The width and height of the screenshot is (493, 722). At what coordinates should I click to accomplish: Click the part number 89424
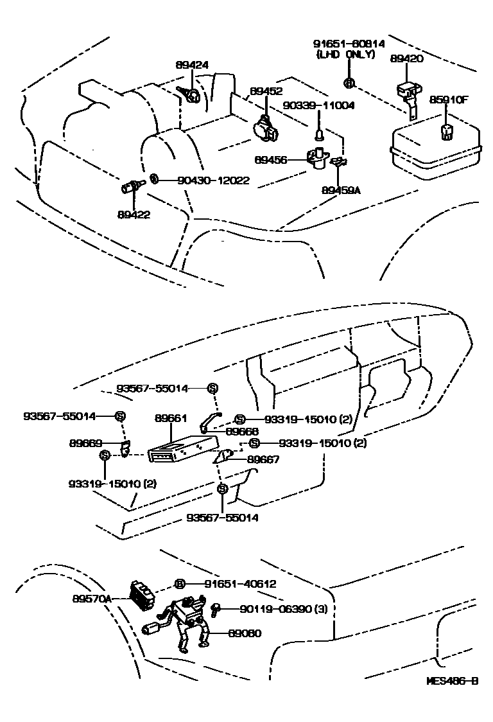tap(191, 65)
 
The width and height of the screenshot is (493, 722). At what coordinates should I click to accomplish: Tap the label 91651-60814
tap(349, 44)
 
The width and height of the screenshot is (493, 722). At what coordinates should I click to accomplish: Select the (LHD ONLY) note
tap(346, 55)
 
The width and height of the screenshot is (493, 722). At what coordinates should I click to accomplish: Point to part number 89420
tap(406, 58)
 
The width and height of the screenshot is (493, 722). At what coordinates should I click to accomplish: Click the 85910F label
tap(448, 100)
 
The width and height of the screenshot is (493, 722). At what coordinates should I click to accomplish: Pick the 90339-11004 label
tap(318, 105)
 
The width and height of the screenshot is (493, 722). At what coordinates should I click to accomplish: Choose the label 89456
tap(270, 160)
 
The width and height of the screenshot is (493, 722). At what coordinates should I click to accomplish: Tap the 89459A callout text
tap(341, 189)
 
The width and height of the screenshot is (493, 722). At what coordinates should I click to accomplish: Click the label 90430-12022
tap(214, 180)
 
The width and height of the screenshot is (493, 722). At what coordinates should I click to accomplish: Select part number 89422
tap(134, 215)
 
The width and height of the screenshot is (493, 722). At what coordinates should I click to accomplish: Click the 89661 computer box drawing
tap(183, 447)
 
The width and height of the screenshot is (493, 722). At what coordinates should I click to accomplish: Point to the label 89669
tap(85, 443)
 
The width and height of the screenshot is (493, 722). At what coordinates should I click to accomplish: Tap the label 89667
tap(263, 459)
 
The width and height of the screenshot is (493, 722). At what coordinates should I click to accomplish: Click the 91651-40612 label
tap(240, 584)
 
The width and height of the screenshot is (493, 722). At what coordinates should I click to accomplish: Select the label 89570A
tap(92, 599)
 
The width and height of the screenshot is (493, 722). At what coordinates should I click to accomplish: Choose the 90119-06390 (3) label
tap(284, 609)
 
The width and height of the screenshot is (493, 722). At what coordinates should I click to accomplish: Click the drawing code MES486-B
tap(451, 680)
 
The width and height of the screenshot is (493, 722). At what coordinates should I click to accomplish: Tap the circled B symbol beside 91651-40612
tap(180, 585)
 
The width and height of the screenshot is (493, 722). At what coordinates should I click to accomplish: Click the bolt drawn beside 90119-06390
tap(216, 610)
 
